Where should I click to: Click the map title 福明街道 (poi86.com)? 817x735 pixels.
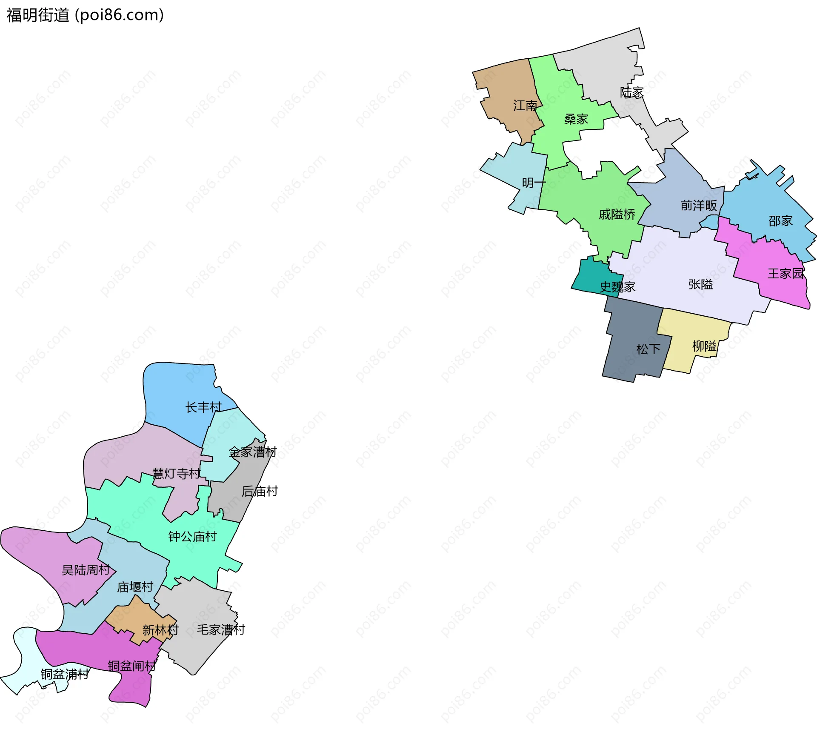[85, 15]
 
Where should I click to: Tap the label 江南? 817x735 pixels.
[525, 106]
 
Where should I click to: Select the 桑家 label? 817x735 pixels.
[576, 119]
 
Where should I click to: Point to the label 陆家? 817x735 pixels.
[632, 92]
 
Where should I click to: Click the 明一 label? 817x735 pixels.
[534, 183]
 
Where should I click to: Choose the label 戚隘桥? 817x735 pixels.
[617, 214]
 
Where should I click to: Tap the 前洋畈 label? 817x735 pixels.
[699, 206]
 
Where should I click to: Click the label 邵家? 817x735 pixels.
[780, 221]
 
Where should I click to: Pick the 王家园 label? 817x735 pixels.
[786, 274]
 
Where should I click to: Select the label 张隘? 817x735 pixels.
[700, 284]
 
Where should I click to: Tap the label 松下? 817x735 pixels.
[648, 349]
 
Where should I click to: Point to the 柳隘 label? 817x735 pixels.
[704, 346]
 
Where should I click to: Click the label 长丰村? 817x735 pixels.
[203, 407]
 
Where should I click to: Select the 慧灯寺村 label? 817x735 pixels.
[176, 473]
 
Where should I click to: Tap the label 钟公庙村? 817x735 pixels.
[192, 537]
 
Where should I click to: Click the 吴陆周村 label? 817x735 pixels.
[86, 570]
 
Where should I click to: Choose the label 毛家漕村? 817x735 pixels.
[221, 630]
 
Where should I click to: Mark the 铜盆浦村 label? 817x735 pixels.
[65, 674]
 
